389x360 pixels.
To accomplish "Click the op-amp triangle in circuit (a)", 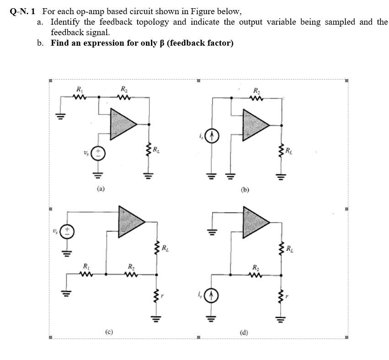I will [121, 123].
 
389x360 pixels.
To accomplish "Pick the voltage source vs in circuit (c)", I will [68, 231].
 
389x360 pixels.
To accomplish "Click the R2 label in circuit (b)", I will [256, 90].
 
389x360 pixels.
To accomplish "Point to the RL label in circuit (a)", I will [156, 150].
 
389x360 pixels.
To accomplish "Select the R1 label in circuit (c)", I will [85, 266].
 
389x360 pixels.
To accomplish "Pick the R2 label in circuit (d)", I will [256, 266].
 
